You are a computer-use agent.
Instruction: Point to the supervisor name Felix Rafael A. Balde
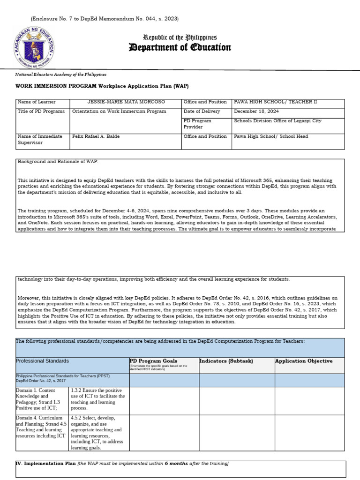tap(96, 136)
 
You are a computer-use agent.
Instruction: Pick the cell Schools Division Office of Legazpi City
tap(277, 121)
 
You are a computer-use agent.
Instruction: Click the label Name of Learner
tap(37, 102)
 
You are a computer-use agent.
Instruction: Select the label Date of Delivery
tap(202, 112)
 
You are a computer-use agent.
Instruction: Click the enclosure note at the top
tap(105, 19)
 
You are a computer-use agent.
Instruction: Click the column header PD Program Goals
tap(153, 360)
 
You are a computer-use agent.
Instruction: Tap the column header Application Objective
tap(304, 361)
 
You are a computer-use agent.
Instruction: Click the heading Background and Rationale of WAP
tap(59, 161)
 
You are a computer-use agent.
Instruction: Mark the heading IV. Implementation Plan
tap(46, 464)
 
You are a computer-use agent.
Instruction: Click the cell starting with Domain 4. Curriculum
tap(41, 427)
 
